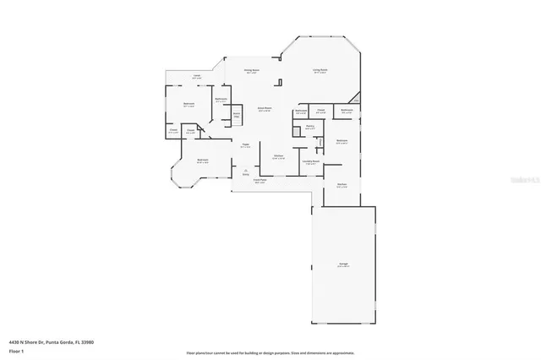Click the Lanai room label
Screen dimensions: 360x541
[196, 76]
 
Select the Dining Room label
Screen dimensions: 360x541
[251, 71]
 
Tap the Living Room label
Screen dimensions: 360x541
[320, 71]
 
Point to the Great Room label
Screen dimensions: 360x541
[265, 109]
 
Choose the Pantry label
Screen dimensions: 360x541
[310, 127]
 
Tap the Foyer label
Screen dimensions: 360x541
[246, 146]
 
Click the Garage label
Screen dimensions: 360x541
[344, 265]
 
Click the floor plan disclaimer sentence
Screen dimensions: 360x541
[270, 352]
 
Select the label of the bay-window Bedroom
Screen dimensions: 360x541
[203, 160]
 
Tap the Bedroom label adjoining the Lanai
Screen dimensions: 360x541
[189, 104]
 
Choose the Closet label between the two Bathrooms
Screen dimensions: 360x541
[322, 111]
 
